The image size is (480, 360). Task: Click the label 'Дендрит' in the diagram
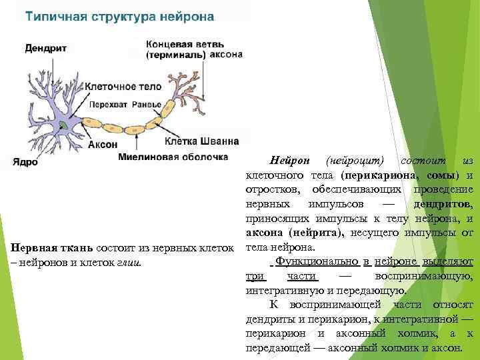[x=45, y=48]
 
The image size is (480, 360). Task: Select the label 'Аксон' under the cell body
[x=102, y=144]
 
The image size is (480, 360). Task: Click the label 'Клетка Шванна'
[x=201, y=141]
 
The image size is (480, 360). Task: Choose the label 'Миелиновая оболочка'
[x=169, y=157]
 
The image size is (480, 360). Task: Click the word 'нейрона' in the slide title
[x=188, y=16]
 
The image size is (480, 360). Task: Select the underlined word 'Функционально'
[x=312, y=261]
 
